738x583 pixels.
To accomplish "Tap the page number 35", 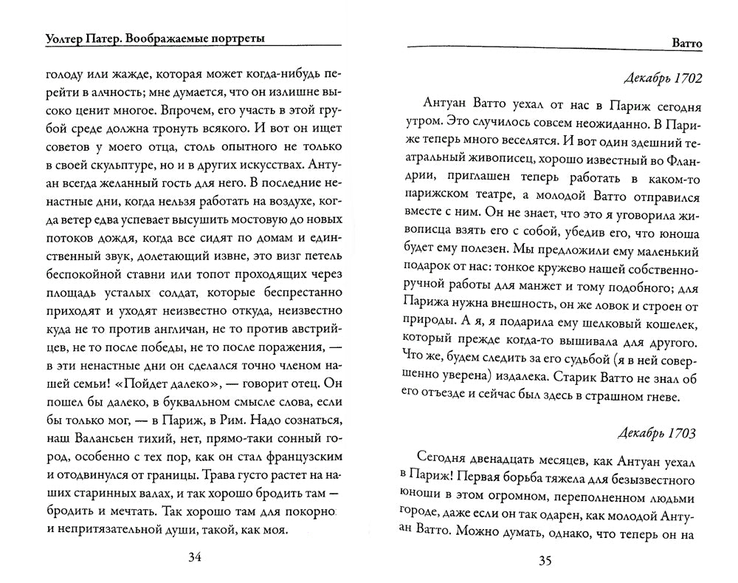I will pos(545,560).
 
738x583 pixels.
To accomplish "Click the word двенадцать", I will pos(507,457).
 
